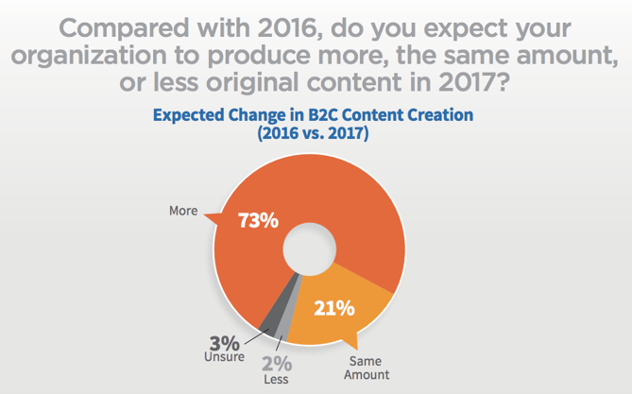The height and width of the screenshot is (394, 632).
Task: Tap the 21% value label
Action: [333, 307]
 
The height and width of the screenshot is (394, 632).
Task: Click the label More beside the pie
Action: [182, 211]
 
